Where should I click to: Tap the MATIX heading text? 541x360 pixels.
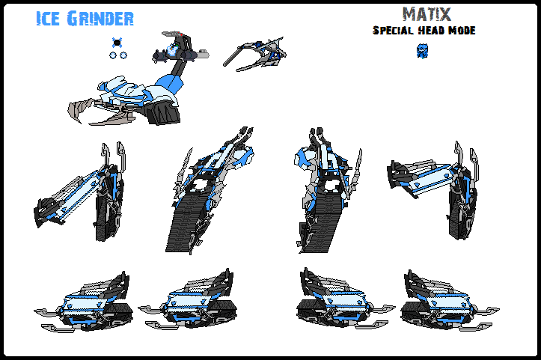tap(423, 14)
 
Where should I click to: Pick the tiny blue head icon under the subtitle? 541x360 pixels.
tap(421, 51)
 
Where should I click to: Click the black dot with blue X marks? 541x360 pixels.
tap(117, 42)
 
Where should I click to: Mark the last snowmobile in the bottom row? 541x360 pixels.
tap(441, 303)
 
